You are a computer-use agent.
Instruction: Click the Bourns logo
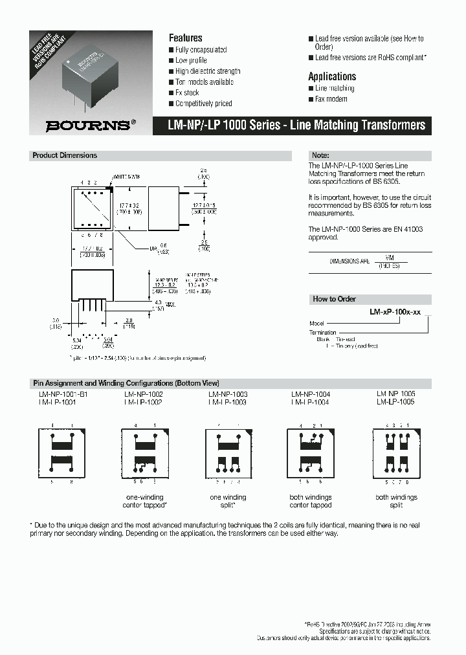(91, 125)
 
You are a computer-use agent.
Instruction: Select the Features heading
(185, 38)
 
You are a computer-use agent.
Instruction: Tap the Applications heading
(331, 76)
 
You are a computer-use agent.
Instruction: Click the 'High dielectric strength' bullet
(207, 71)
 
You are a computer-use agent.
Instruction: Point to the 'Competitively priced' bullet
(203, 104)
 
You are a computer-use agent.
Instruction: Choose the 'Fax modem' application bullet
(331, 99)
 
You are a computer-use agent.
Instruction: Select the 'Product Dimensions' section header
(65, 155)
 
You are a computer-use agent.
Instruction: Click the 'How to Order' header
(333, 299)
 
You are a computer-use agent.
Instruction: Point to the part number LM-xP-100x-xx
(395, 311)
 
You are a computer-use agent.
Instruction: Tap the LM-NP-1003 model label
(228, 394)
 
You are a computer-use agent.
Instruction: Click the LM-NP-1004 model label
(310, 394)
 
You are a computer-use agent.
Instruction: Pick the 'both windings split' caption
(396, 501)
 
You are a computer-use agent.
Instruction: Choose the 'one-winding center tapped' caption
(146, 501)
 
